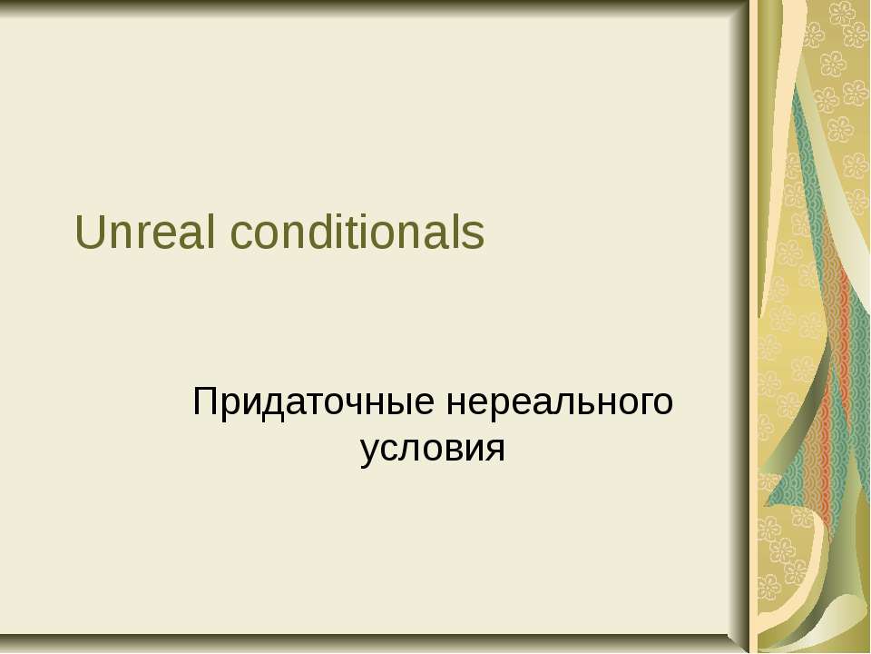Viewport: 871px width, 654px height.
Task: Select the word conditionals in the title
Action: click(357, 234)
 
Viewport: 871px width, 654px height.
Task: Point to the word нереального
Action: click(561, 401)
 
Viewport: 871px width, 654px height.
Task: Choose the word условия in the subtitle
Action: click(432, 448)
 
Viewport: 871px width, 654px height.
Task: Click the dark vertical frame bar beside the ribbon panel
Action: click(741, 327)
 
